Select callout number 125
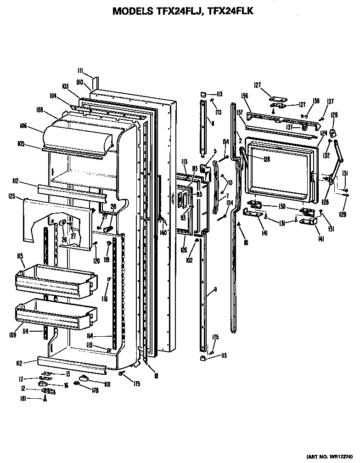coord(12,197)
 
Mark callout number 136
coord(245,96)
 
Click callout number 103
coord(65,86)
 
